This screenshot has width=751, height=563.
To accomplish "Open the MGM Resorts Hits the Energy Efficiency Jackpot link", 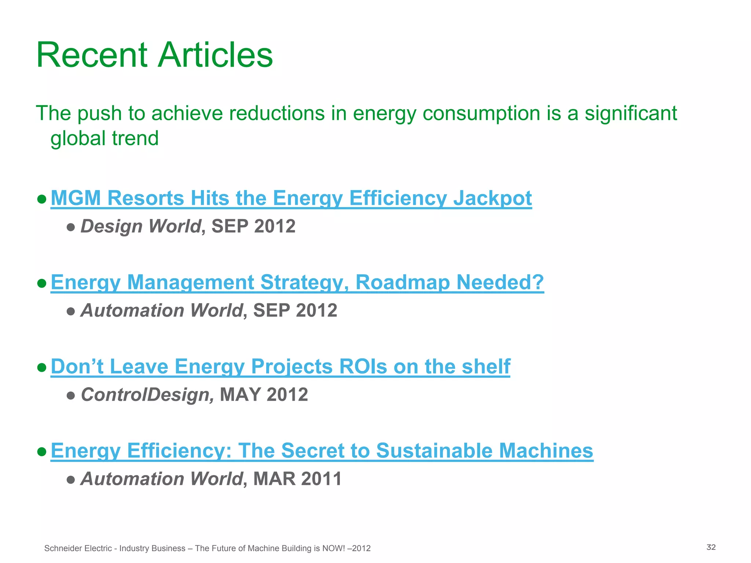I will [x=291, y=198].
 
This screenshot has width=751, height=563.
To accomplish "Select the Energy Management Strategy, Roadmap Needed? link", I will [x=297, y=282].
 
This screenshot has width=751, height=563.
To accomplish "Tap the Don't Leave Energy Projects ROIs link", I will [x=280, y=367].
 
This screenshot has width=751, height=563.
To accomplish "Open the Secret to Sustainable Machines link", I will [x=322, y=450].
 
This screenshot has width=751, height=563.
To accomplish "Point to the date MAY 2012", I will [x=264, y=395].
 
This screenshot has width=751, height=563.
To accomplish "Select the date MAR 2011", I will [x=297, y=479].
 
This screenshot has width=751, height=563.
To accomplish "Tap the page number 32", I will [x=711, y=547].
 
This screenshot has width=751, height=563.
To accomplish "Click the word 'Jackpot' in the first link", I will [x=492, y=198].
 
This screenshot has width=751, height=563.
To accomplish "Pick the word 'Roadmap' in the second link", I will [x=403, y=282].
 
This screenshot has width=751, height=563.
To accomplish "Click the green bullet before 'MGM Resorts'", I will [x=42, y=199].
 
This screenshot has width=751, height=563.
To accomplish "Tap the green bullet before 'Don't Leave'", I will [x=42, y=367].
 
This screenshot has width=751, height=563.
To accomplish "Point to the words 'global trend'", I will [x=105, y=139].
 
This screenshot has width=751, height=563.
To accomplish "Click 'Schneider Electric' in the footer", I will [x=78, y=548].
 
